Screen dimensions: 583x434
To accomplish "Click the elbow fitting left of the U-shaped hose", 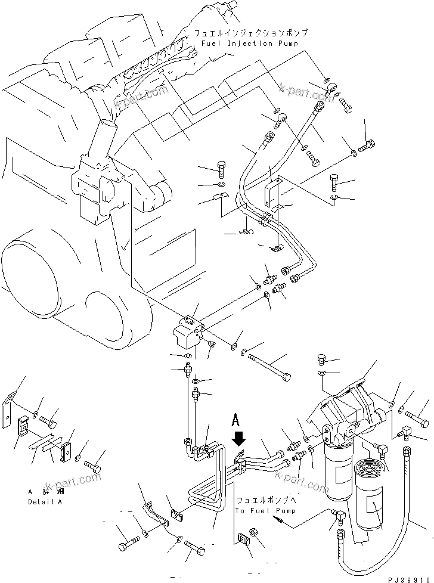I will (x=337, y=517).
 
